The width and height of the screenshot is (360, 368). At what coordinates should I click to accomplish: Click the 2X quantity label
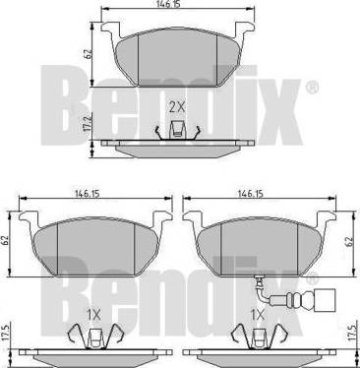pyautogui.click(x=177, y=107)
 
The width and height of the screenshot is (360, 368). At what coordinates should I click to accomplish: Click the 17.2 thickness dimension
pyautogui.click(x=87, y=124)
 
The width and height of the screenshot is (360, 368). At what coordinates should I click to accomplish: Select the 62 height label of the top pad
pyautogui.click(x=88, y=53)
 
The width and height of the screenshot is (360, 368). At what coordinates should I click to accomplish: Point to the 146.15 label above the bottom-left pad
pyautogui.click(x=87, y=194)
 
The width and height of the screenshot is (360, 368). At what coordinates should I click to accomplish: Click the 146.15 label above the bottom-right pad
pyautogui.click(x=251, y=194)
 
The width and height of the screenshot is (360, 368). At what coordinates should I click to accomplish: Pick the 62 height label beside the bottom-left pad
pyautogui.click(x=6, y=240)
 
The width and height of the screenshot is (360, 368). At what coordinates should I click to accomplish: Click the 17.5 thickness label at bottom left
pyautogui.click(x=6, y=333)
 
